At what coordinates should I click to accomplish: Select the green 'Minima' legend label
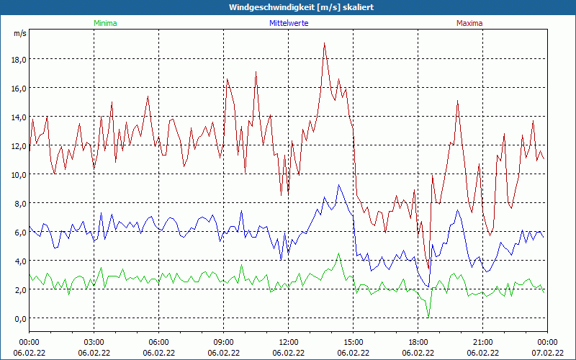pos(104,23)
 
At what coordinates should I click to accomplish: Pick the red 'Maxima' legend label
pos(469,23)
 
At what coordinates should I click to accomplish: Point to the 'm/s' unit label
pos(20,33)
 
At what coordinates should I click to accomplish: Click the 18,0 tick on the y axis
pos(19,59)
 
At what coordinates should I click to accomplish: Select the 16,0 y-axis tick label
pos(19,88)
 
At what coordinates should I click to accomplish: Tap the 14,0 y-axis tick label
pos(19,117)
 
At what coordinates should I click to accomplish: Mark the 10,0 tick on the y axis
pos(19,174)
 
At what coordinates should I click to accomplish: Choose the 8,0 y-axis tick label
pos(19,203)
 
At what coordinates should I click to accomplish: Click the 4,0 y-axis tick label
pos(19,261)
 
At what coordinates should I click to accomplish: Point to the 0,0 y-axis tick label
pos(19,318)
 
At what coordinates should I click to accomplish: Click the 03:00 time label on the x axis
pos(94,341)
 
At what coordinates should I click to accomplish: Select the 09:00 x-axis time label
pos(224,341)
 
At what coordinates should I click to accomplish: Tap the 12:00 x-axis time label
pos(289,341)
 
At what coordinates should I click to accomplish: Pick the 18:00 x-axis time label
pos(418,341)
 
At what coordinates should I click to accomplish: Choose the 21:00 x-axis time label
pos(483,341)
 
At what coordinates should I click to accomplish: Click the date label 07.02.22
pos(548,353)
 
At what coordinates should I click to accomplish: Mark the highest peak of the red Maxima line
pos(325,43)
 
